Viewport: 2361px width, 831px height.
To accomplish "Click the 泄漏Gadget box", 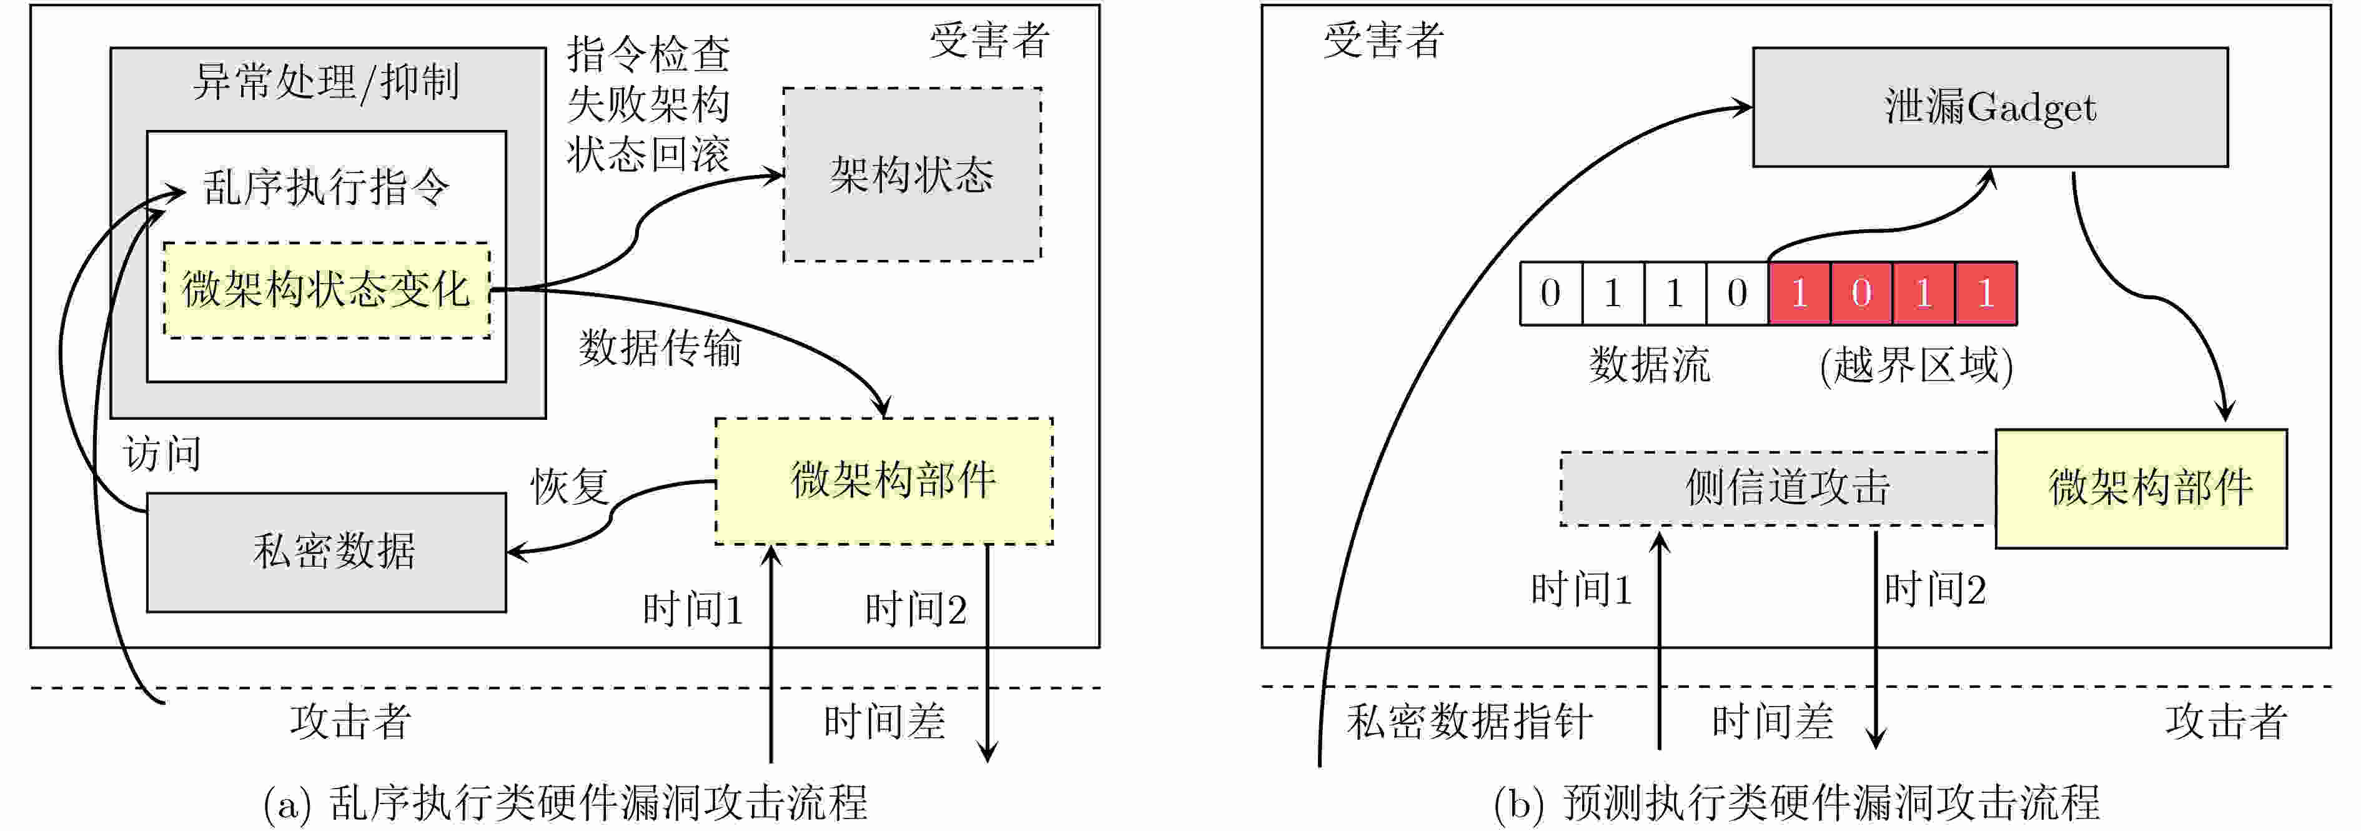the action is point(1990,107).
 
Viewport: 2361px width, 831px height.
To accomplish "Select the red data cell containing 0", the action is point(1861,294).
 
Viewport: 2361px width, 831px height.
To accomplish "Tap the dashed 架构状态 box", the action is point(912,175).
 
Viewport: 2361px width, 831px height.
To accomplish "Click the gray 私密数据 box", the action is point(326,552).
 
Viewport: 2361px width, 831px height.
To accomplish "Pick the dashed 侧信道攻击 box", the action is point(1778,489).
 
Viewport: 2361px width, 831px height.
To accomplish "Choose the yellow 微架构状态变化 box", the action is point(326,290).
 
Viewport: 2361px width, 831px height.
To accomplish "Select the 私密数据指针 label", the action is point(1469,722).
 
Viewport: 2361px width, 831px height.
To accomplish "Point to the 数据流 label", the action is point(1650,365).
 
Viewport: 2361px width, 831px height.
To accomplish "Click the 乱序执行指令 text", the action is point(326,188).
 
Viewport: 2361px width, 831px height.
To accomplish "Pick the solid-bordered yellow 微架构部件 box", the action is point(2141,489).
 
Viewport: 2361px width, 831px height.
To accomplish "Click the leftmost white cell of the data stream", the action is point(1551,294).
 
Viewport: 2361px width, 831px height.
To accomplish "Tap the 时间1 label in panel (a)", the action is point(693,610).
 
